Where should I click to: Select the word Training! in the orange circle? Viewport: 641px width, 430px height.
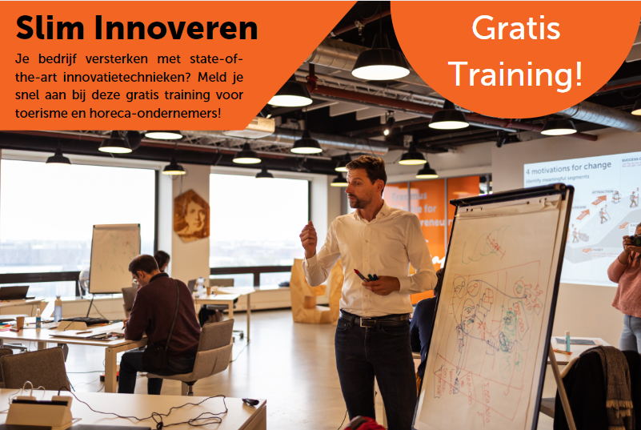tap(515, 74)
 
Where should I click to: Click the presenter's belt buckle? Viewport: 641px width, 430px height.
tap(370, 322)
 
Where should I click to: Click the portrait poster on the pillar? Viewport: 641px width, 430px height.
tap(191, 215)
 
